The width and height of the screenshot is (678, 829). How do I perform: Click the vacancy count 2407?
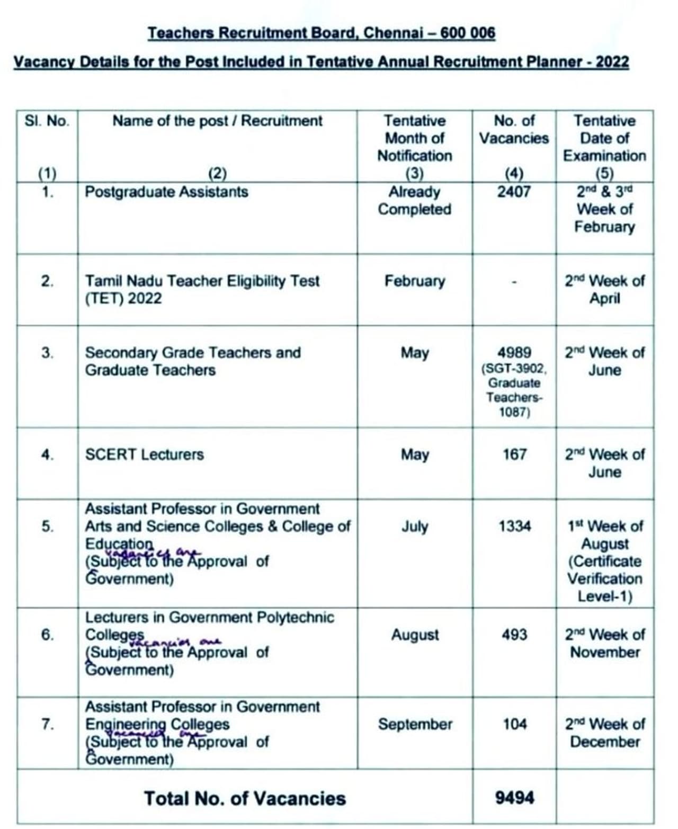point(513,191)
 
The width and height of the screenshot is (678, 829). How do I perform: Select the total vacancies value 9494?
point(514,797)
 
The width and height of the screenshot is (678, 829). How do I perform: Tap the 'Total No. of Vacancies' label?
point(245,798)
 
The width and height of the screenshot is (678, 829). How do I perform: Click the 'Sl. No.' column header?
point(47,121)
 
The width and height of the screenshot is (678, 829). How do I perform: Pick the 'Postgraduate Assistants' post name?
point(166,191)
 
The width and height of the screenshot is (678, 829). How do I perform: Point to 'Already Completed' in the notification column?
point(414,200)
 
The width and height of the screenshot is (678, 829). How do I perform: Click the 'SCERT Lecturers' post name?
point(144,454)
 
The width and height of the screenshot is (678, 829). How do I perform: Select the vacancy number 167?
point(514,454)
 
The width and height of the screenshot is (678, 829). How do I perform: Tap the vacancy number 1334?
point(514,527)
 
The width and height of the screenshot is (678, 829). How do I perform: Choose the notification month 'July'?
point(414,527)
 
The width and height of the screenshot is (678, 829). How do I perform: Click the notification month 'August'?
point(415,635)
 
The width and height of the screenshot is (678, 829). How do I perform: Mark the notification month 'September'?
point(415,724)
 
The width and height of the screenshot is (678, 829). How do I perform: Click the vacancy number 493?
point(514,635)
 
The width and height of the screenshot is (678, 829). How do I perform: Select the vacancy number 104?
point(514,724)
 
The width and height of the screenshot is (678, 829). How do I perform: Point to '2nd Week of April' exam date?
point(604,289)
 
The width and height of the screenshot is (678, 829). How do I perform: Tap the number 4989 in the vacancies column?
point(514,353)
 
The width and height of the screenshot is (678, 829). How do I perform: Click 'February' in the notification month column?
point(415,281)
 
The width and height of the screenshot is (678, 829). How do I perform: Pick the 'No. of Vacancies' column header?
point(514,129)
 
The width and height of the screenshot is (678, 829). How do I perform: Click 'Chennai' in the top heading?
point(393,33)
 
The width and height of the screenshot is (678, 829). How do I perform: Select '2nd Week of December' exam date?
point(604,733)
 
